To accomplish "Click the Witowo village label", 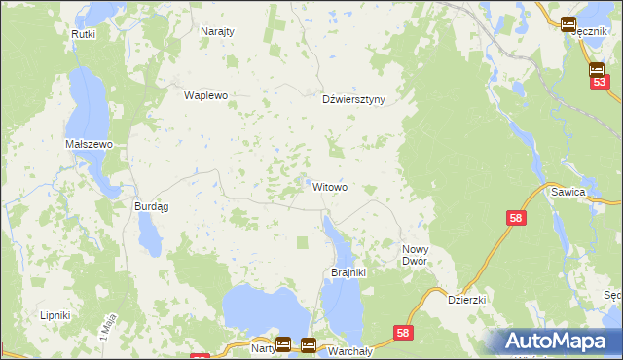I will [330, 187].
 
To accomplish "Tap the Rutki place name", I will [83, 34].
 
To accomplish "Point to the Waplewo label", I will [205, 96].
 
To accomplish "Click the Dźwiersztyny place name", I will [354, 99].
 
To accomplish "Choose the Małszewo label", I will [90, 144].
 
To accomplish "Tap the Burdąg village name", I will [152, 206].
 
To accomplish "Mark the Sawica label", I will [595, 193].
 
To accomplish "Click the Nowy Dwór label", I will [422, 256].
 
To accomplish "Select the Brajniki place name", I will [348, 272].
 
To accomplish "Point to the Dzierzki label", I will [466, 301].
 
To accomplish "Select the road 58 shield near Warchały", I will [403, 334].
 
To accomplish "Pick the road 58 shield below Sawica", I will [516, 219].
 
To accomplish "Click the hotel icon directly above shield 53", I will [598, 69].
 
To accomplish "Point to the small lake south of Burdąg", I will [150, 234].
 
